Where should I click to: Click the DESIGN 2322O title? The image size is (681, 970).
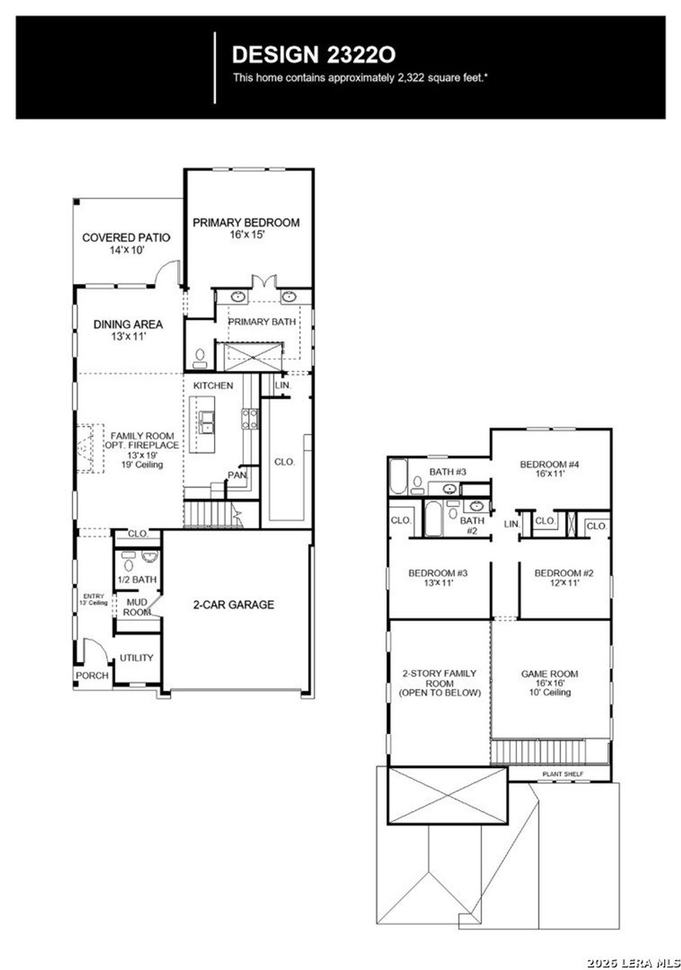(313, 54)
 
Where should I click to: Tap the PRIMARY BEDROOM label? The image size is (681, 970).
(246, 223)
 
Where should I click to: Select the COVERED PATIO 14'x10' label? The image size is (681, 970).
(126, 244)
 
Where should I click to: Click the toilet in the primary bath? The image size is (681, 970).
(200, 357)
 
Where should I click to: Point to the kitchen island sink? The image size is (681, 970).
(206, 422)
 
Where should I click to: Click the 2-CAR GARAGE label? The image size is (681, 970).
(234, 605)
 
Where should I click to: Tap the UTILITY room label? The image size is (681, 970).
(136, 658)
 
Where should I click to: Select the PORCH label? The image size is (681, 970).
(92, 675)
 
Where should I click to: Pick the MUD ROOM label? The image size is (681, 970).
(137, 607)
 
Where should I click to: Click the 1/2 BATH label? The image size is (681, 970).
(137, 580)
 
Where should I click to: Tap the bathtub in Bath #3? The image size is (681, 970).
(398, 477)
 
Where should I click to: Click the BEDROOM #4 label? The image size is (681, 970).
(549, 464)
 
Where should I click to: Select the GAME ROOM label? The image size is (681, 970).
(549, 674)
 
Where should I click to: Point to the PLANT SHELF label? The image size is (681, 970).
(562, 774)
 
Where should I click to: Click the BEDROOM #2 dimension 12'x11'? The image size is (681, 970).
(563, 583)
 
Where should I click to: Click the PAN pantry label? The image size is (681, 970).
(237, 475)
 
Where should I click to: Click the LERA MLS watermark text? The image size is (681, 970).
(633, 959)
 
